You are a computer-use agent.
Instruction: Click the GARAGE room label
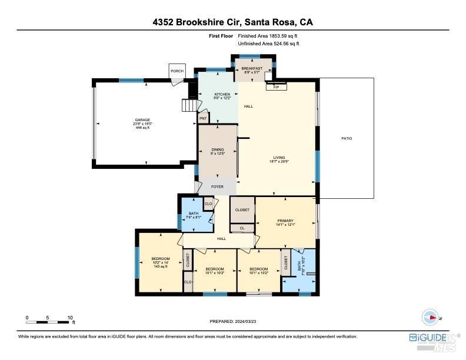point(142,123)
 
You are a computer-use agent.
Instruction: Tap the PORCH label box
point(177,71)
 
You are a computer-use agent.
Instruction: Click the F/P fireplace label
point(276,87)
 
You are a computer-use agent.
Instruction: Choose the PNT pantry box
point(203,118)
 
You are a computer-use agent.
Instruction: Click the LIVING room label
point(279,159)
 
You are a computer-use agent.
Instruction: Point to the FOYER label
point(218,186)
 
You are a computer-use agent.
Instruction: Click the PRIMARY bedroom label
point(285,222)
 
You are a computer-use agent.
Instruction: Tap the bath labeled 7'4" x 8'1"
point(194,215)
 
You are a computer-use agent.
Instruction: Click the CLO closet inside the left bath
point(208,204)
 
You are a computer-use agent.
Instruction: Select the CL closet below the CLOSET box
point(242,228)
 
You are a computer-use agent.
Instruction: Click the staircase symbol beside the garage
point(188,105)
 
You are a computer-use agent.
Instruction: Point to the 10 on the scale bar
point(70,317)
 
